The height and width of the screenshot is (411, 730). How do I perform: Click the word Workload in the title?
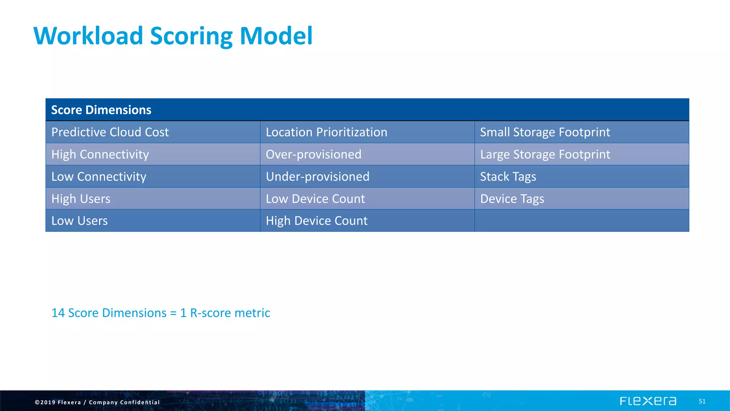click(x=88, y=36)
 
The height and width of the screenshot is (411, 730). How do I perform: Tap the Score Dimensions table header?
click(x=101, y=110)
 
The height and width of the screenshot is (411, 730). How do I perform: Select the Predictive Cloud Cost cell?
click(x=110, y=132)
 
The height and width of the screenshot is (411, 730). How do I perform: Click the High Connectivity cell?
click(x=100, y=154)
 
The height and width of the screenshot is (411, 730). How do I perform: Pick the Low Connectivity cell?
click(x=99, y=177)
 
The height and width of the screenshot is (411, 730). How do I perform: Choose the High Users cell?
click(x=81, y=199)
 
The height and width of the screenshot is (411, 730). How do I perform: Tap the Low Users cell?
click(x=79, y=221)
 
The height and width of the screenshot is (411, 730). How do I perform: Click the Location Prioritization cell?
click(x=326, y=132)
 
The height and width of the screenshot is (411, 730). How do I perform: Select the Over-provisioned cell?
click(x=313, y=154)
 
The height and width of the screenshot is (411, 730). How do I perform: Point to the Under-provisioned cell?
click(x=317, y=177)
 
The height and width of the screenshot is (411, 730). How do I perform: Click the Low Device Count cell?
click(x=315, y=199)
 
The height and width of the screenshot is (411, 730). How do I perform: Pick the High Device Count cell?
click(x=317, y=221)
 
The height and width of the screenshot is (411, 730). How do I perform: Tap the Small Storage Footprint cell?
click(x=545, y=132)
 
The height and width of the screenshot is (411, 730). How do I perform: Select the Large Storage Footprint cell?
click(x=545, y=154)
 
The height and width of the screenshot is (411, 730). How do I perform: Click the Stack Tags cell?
click(x=508, y=177)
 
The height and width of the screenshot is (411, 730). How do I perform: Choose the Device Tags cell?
click(x=512, y=199)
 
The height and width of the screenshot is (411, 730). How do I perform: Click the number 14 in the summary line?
click(x=58, y=313)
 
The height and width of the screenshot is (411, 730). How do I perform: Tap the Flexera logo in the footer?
click(x=648, y=401)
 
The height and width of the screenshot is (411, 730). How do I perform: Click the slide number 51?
click(x=702, y=401)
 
